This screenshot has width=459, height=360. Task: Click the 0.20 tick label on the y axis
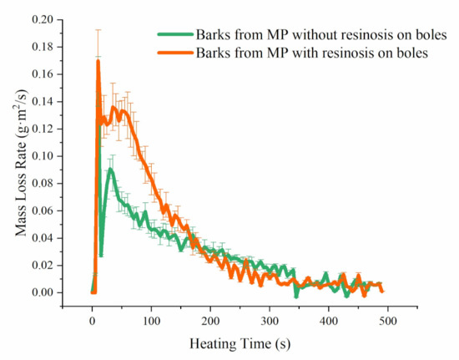[43, 19]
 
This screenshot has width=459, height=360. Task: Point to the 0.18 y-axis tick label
[43, 47]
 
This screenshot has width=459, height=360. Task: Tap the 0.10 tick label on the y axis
[43, 156]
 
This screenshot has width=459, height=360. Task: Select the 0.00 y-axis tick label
[43, 292]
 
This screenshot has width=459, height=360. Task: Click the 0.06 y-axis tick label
[43, 210]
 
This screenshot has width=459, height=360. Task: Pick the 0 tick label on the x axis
[92, 321]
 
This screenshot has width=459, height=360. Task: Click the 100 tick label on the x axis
[151, 321]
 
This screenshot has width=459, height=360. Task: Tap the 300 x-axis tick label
[270, 321]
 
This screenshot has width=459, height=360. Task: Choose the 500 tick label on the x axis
[387, 321]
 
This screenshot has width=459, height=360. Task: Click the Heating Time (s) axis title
[240, 343]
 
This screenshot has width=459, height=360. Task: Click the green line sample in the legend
[175, 34]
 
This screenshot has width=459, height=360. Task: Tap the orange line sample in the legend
[175, 53]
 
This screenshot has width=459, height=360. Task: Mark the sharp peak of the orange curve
[98, 61]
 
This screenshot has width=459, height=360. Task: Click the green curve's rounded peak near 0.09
[110, 169]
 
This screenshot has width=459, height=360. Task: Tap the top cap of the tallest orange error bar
[98, 29]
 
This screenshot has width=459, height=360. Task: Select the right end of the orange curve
[382, 291]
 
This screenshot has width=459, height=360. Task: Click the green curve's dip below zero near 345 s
[296, 297]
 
